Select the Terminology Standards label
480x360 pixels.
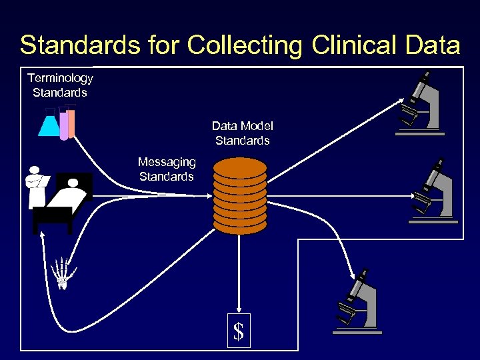point(60,85)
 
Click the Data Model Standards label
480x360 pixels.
point(243,133)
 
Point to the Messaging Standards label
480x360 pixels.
point(167,169)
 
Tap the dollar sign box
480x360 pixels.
point(239,331)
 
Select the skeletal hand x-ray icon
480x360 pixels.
point(63,271)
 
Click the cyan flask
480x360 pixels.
point(50,124)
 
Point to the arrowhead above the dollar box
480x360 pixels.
point(239,308)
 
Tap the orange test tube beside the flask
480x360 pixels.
point(71,123)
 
